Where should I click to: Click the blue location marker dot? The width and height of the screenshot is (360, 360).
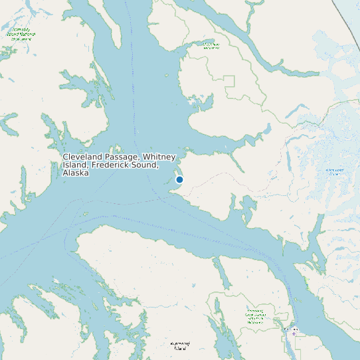[x=179, y=179]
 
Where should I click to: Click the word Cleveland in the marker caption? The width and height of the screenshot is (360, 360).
[x=82, y=157]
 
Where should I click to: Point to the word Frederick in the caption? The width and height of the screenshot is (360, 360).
[x=114, y=165]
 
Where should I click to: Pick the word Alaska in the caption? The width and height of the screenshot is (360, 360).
[x=76, y=173]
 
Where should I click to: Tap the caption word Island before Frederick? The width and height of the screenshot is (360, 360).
[x=76, y=165]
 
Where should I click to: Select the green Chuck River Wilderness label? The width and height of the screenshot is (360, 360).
[x=211, y=46]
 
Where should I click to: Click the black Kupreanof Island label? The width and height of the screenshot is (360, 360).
[x=179, y=345]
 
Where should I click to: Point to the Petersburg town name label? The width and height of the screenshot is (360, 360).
[x=292, y=329]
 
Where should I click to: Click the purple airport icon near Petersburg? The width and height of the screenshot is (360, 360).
[x=294, y=333]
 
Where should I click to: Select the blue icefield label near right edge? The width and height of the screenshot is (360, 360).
[x=335, y=172]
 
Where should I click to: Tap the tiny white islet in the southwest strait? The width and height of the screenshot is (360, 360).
[x=85, y=213]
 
